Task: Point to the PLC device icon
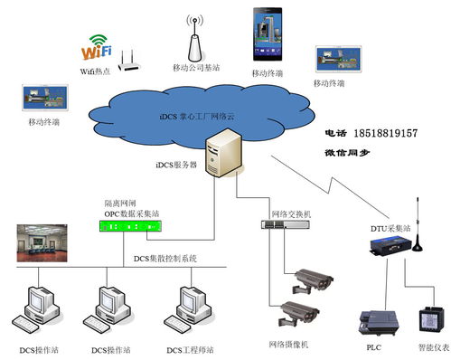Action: (375, 322)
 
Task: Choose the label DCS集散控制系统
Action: (164, 259)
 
